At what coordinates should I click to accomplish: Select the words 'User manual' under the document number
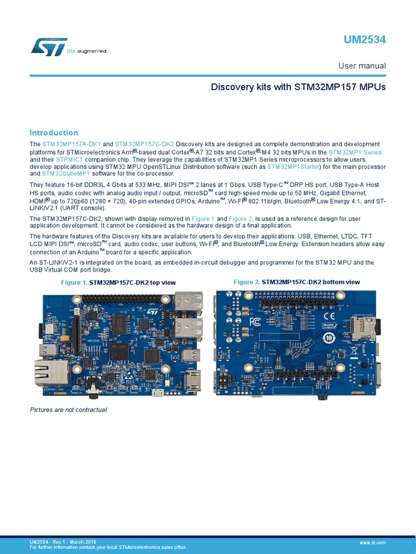click(362, 65)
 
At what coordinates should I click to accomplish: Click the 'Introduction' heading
click(54, 133)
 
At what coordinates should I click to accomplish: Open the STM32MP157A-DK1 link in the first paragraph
click(71, 144)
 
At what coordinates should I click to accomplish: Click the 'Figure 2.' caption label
click(246, 282)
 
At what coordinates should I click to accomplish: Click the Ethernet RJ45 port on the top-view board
click(52, 373)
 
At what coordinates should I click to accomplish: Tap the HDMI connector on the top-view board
click(192, 380)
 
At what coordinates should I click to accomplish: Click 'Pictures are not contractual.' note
click(69, 410)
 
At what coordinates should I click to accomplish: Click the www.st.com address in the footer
click(372, 542)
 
